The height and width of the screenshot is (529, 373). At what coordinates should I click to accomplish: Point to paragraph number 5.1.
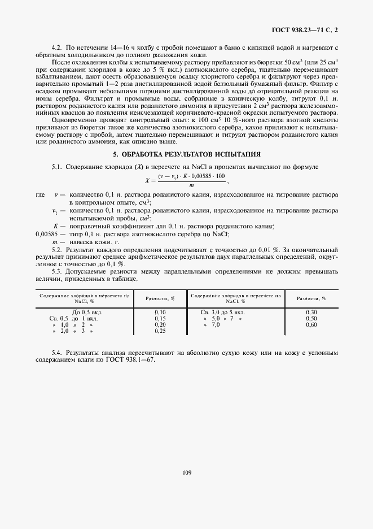click(56, 168)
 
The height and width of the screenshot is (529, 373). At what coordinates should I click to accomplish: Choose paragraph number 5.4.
click(56, 353)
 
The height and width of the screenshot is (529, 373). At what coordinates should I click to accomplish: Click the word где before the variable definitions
click(40, 194)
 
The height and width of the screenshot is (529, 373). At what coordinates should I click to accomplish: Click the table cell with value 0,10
click(160, 312)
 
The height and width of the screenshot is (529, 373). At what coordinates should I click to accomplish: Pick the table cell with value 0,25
click(160, 331)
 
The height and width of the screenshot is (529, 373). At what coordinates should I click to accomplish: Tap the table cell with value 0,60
click(311, 324)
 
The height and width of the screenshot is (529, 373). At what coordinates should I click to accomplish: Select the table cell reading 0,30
click(311, 312)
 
